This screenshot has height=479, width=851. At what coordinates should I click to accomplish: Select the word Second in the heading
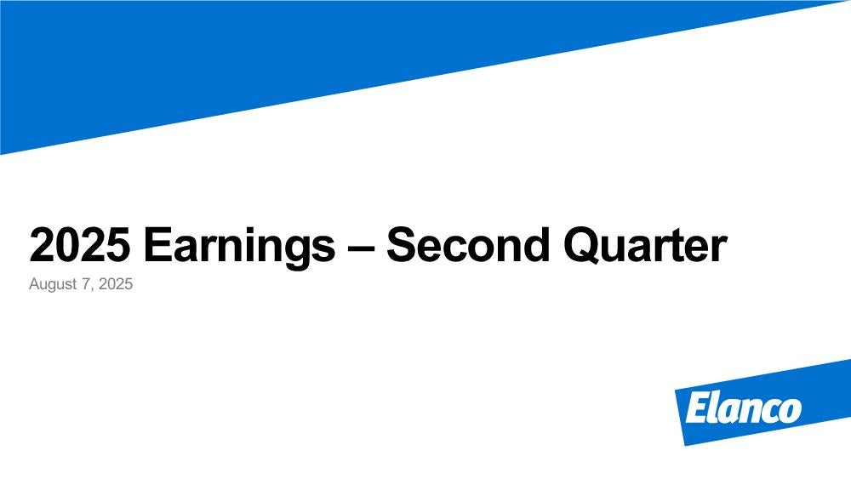click(468, 245)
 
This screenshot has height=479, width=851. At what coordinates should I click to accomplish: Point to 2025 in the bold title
click(80, 245)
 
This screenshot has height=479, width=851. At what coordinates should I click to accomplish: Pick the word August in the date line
click(53, 285)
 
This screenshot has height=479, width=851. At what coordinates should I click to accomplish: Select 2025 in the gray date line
click(116, 283)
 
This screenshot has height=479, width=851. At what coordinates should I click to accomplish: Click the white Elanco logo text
click(743, 408)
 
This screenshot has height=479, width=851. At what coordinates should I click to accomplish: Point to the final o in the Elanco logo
click(791, 411)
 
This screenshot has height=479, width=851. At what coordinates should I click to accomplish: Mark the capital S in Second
click(402, 245)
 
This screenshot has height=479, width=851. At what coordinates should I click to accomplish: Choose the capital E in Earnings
click(158, 245)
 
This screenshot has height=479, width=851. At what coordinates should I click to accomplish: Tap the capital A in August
click(35, 283)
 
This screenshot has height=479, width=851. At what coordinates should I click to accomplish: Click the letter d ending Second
click(535, 245)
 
